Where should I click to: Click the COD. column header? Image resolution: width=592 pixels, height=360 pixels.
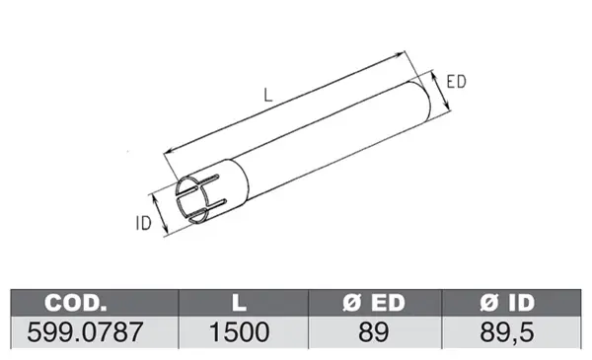(76, 303)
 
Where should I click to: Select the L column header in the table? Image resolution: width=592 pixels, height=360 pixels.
(239, 303)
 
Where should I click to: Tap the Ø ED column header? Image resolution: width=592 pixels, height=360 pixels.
(374, 303)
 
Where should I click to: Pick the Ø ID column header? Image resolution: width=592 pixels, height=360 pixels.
(507, 303)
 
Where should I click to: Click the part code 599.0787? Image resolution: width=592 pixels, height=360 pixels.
(85, 332)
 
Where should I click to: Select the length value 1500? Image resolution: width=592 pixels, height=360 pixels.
(239, 332)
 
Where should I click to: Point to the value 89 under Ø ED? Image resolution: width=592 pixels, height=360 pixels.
(373, 332)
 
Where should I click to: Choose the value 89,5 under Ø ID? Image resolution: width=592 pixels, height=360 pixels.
(507, 332)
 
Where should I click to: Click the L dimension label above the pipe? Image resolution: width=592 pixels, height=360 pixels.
(267, 95)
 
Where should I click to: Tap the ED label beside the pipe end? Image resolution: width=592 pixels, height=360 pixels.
(457, 82)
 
